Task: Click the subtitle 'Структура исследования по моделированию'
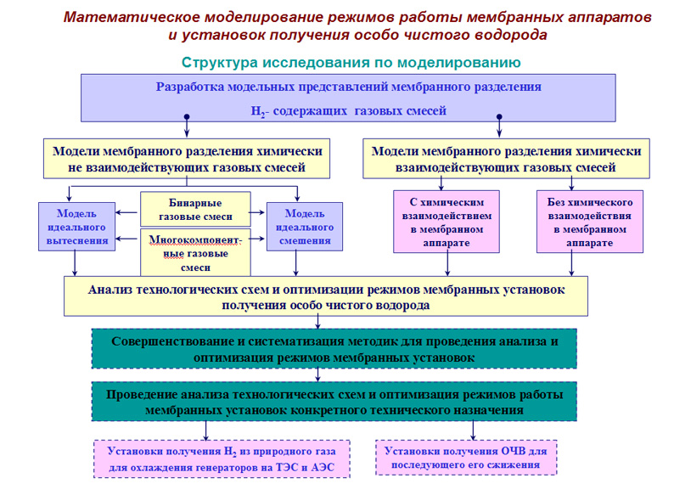point(351,62)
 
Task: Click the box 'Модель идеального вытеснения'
point(77,227)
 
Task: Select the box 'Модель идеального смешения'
point(305,227)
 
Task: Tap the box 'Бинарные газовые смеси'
point(195,210)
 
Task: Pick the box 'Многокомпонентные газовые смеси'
point(195,253)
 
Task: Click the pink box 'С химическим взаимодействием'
point(447,222)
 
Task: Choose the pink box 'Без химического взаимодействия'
point(590,222)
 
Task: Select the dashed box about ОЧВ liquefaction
point(466,458)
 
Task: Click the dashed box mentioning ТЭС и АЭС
point(222,458)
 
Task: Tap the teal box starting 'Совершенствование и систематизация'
point(334,349)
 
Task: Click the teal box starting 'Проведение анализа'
point(334,402)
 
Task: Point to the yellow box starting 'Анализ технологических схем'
point(326,296)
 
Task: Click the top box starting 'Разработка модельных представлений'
point(348,98)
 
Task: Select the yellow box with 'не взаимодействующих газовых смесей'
point(187,159)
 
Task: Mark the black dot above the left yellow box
point(187,116)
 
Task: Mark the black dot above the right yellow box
point(499,116)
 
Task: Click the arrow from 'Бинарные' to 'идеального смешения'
point(256,212)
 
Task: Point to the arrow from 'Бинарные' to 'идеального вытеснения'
point(126,212)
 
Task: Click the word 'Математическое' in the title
point(132,18)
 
